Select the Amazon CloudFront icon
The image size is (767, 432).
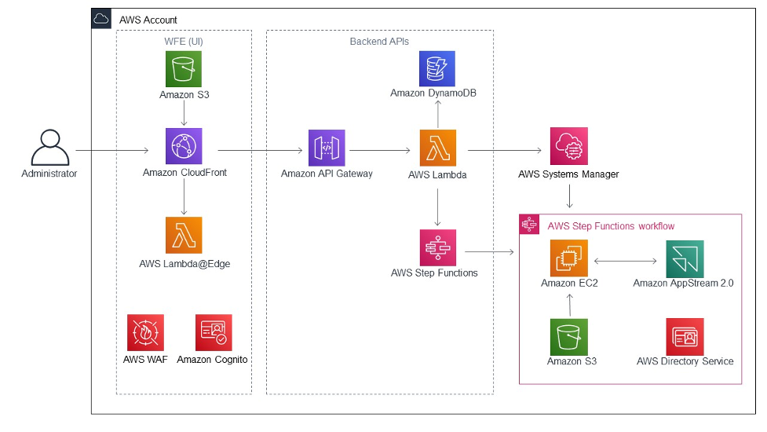coord(184,146)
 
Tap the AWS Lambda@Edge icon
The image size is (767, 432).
coord(184,235)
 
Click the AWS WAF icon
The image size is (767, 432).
coord(145,332)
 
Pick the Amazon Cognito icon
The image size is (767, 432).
coord(213,332)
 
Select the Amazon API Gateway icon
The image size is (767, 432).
coord(327,148)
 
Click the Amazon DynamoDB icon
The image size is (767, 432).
coord(437,68)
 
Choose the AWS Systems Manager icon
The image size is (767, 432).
coord(568,146)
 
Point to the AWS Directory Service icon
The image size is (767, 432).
coord(685,336)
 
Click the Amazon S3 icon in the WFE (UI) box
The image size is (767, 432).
coord(184,69)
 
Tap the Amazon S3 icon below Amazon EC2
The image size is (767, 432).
coord(568,336)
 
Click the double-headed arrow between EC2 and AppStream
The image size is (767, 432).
coord(625,260)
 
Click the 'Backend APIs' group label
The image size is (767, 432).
coord(379,41)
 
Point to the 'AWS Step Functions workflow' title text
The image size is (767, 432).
coord(611,226)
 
